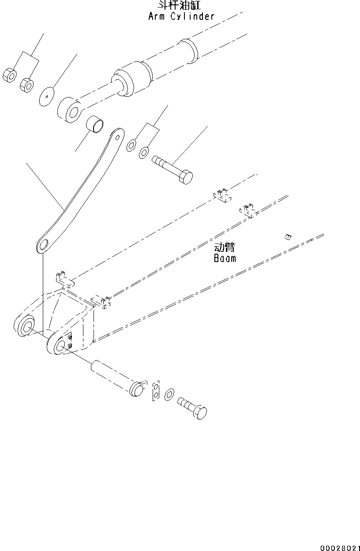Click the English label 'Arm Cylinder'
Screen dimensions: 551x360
click(x=181, y=17)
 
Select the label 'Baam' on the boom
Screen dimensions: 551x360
click(x=225, y=258)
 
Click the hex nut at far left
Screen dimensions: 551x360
click(x=10, y=75)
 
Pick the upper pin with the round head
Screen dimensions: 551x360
click(x=173, y=169)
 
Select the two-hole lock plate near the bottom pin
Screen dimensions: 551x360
click(x=156, y=390)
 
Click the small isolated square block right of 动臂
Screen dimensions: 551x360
click(x=287, y=237)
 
